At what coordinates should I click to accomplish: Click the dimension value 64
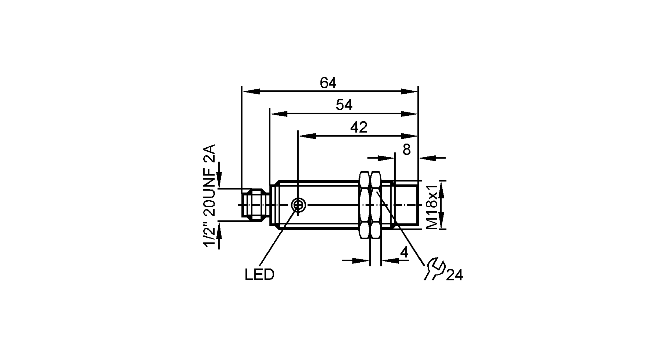pos(328,83)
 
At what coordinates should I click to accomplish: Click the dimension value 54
pos(344,105)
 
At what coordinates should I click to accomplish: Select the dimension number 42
pos(359,127)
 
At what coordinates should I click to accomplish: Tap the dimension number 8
pos(406,150)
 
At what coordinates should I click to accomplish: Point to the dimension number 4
pos(404,253)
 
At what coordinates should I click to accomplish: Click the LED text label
pos(259,275)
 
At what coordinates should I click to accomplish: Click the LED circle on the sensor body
pos(298,205)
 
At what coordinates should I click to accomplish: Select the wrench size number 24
pos(454,275)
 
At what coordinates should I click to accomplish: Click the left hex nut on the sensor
pos(364,205)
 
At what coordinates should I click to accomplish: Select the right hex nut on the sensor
pos(376,205)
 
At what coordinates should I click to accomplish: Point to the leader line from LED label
pos(278,239)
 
